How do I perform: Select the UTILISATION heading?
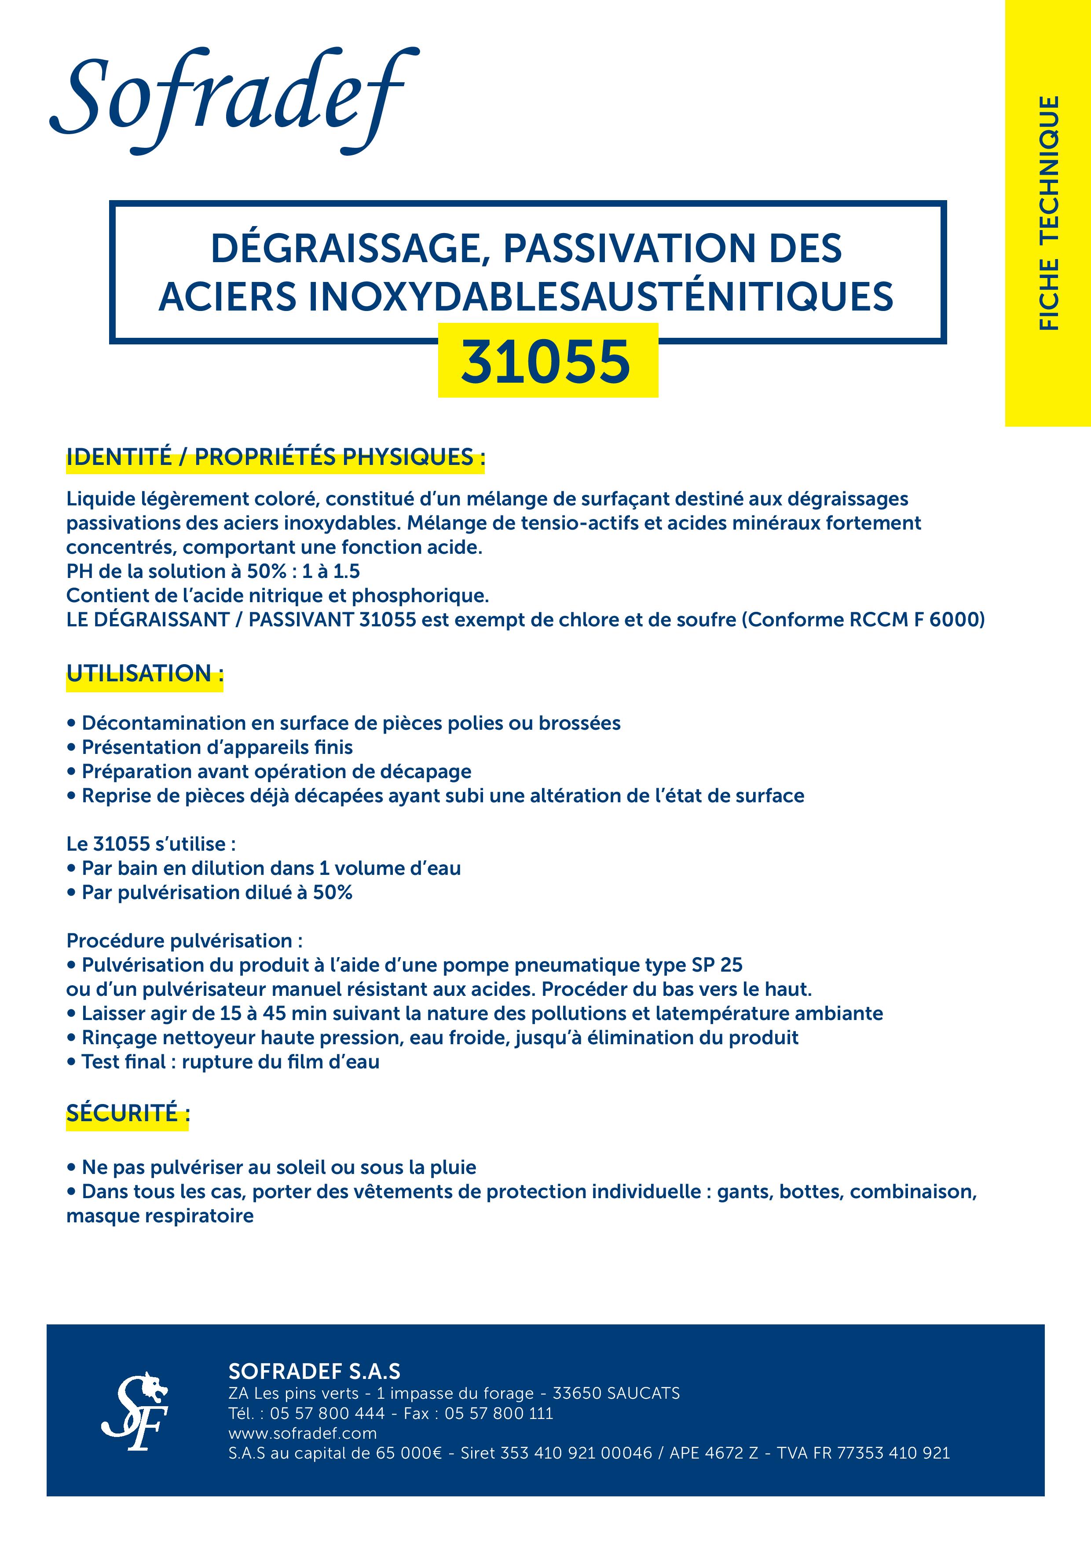144,673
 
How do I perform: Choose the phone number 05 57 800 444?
327,1413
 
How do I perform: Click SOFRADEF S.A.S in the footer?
314,1371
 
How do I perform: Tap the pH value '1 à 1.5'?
331,571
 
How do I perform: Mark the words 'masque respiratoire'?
160,1216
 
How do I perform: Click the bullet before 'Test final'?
71,1062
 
